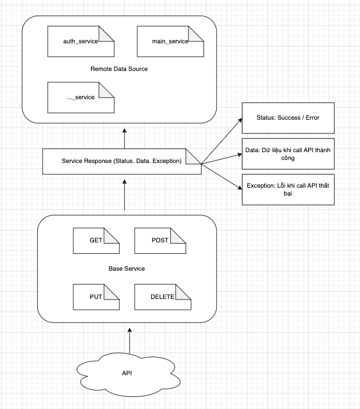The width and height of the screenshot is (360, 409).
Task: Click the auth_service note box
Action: (x=81, y=42)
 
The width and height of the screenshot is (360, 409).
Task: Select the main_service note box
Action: (x=170, y=42)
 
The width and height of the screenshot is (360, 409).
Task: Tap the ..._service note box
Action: (x=81, y=97)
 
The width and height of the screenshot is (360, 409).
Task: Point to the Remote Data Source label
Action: (x=119, y=69)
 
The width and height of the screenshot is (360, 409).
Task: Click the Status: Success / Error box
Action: (x=288, y=118)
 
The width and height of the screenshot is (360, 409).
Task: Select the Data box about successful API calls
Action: (x=288, y=154)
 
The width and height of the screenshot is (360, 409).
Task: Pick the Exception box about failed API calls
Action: (x=288, y=189)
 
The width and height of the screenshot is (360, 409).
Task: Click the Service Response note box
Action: (x=122, y=161)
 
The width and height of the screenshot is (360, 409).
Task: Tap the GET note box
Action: (x=96, y=241)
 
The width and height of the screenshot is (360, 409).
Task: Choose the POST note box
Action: (x=160, y=241)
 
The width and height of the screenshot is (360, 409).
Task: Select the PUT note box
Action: (x=96, y=297)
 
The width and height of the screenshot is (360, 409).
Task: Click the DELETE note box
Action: (x=163, y=297)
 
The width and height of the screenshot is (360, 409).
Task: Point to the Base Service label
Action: (x=126, y=269)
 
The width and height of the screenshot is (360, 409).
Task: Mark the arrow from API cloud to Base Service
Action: (x=129, y=340)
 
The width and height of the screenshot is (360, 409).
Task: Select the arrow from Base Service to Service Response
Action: (x=125, y=195)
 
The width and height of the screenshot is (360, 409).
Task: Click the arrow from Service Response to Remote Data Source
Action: (x=125, y=139)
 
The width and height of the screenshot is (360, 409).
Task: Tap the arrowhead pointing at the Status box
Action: (x=240, y=120)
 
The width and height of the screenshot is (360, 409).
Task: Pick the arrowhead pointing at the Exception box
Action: (x=240, y=188)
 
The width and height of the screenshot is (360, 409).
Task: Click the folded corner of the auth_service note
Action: (x=107, y=34)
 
